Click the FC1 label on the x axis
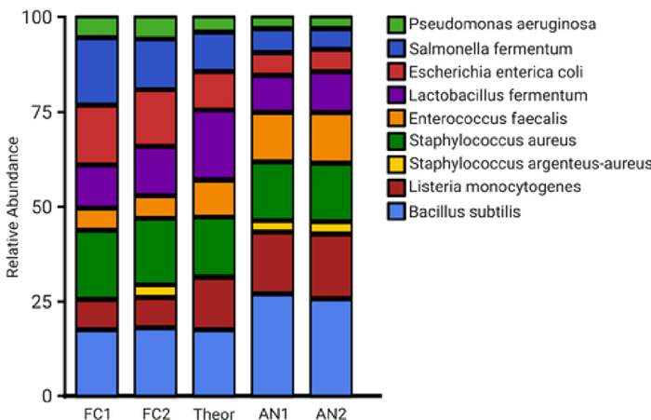(x=97, y=412)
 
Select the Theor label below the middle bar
(x=214, y=412)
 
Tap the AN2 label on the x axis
(x=331, y=412)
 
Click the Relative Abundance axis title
(x=13, y=207)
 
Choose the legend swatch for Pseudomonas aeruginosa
(x=396, y=23)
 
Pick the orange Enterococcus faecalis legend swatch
(x=396, y=117)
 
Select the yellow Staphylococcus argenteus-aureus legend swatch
(x=396, y=165)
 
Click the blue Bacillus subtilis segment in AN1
(x=272, y=345)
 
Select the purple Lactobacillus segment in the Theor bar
(x=214, y=144)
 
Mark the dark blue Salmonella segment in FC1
(x=97, y=72)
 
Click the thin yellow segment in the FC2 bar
(x=155, y=291)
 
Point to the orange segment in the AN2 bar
(x=331, y=138)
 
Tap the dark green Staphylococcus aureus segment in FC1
(x=97, y=265)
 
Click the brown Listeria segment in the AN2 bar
(x=331, y=265)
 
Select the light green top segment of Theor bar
(x=214, y=24)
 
